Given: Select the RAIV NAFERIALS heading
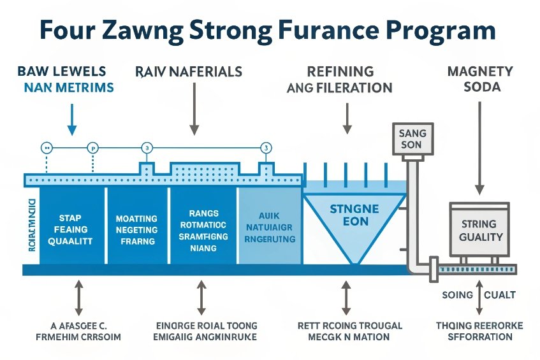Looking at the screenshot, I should [x=189, y=71].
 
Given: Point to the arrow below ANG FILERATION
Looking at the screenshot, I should [x=347, y=118].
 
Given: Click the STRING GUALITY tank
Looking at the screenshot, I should [x=479, y=231].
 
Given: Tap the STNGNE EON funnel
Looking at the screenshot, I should [x=354, y=217].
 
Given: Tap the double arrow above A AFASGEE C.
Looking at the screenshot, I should [x=78, y=297].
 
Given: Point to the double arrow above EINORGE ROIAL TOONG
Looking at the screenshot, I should [x=201, y=297].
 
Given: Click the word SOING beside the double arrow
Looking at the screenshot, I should [x=457, y=295].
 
